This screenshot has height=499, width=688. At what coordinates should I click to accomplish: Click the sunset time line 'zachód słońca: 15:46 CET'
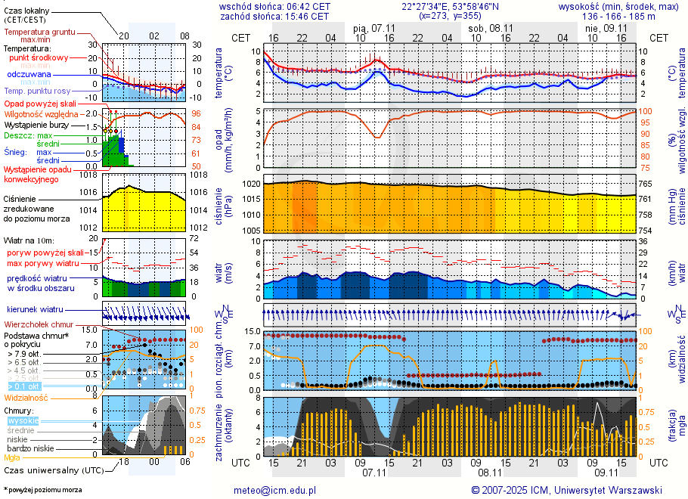pyautogui.click(x=274, y=16)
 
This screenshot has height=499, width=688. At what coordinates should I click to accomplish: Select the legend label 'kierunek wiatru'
pyautogui.click(x=36, y=310)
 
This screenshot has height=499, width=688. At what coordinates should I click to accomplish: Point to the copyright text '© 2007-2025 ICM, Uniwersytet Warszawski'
pyautogui.click(x=567, y=490)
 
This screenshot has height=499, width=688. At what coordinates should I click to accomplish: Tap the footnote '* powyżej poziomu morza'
pyautogui.click(x=42, y=490)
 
